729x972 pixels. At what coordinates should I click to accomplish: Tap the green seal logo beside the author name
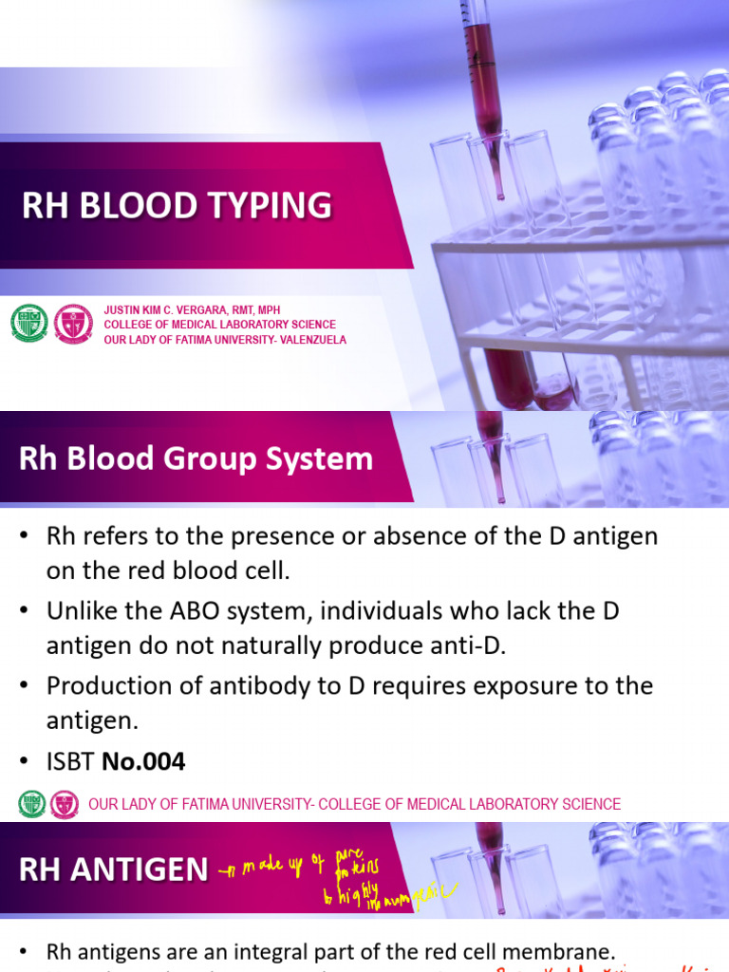[28, 324]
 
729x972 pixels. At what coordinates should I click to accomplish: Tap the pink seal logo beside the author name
[73, 324]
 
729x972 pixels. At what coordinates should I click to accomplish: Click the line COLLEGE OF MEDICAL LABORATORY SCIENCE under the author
[219, 325]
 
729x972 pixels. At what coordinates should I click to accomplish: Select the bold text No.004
[143, 761]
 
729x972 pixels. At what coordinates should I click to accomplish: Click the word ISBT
[70, 761]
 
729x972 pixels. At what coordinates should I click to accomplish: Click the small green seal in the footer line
[31, 804]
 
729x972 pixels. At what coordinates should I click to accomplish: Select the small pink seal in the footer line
[65, 804]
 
